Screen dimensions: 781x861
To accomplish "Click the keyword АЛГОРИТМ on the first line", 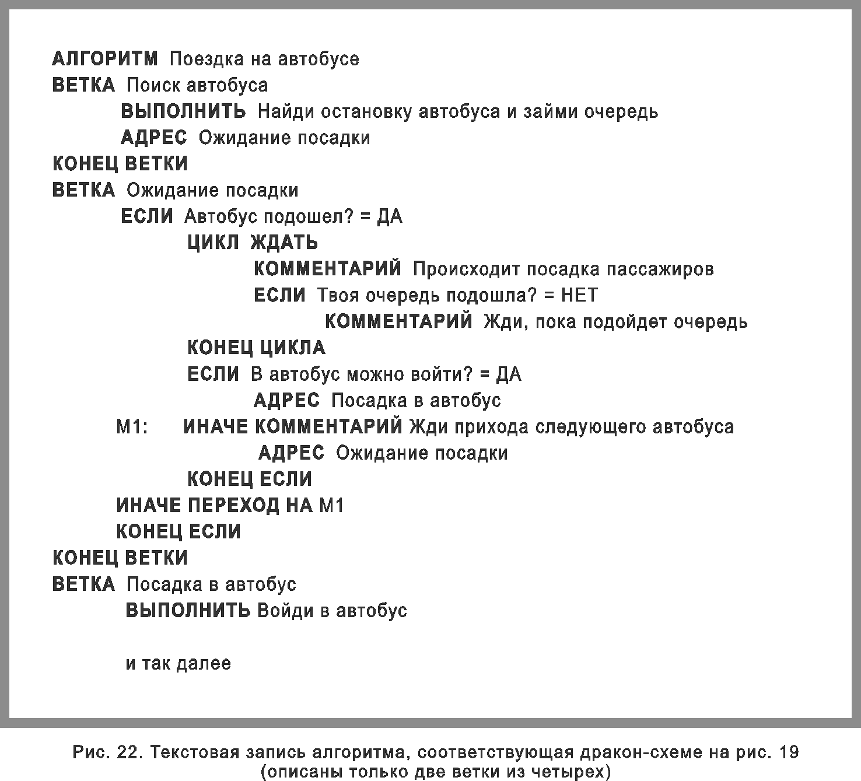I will [105, 59].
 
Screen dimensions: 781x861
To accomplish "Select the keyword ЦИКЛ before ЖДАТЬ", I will [213, 243].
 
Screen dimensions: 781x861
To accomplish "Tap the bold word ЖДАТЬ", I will [284, 243].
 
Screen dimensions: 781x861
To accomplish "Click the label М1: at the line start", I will [132, 427].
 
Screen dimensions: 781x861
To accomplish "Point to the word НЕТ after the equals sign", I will [579, 295].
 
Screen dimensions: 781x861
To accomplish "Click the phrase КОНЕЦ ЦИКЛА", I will [256, 348].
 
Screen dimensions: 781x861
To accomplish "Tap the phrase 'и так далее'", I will [178, 664].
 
